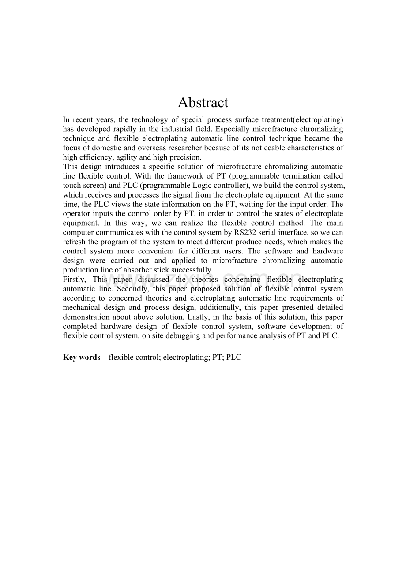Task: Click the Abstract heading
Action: pos(203,103)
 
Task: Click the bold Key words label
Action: pos(82,357)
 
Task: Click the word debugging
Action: pos(205,336)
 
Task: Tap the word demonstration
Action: pos(86,317)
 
